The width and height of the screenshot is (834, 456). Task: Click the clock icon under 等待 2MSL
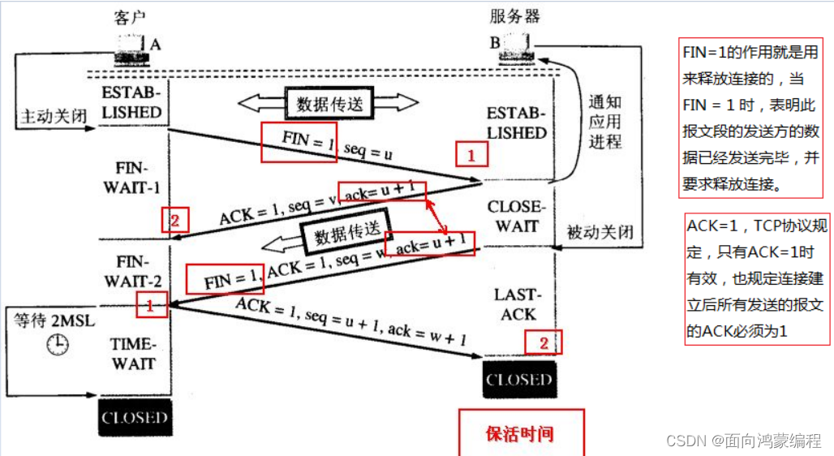58,344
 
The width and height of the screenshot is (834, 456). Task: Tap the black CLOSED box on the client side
135,418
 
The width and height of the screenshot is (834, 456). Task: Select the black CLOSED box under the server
518,380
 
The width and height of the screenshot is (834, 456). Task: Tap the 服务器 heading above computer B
515,17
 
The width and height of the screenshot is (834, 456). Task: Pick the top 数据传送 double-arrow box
329,103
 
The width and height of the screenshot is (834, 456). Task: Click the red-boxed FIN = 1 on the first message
299,143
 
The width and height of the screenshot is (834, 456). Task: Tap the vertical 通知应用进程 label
604,121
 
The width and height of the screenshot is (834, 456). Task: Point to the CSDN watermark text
743,440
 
